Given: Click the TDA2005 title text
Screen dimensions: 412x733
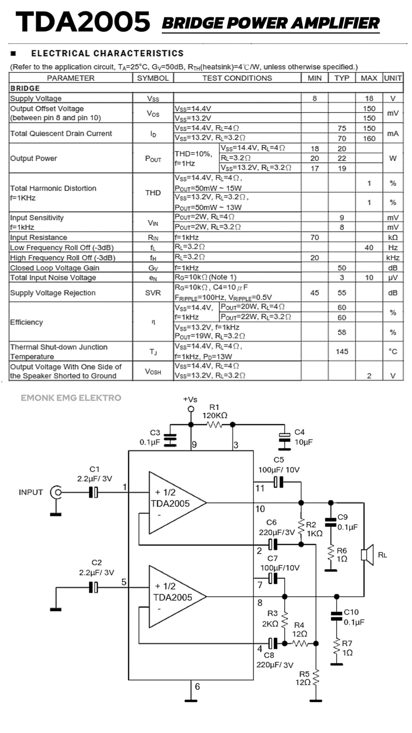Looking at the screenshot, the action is point(83,21).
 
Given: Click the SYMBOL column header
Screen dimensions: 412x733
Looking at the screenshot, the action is point(153,78).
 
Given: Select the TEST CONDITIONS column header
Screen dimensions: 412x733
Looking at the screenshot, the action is point(237,78).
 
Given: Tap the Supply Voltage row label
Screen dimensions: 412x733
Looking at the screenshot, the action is point(36,98).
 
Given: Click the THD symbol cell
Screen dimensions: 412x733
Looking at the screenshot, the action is point(153,193).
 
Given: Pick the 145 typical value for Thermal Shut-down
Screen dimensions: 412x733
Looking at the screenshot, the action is point(342,351).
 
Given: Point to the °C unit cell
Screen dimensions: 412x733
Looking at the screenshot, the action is point(393,351).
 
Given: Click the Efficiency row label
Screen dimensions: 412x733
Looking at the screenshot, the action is point(26,322).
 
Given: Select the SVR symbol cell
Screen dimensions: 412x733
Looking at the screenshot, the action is point(153,293).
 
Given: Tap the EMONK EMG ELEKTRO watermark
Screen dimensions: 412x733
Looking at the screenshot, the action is point(71,398).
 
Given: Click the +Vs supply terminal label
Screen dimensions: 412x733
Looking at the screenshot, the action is point(190,399).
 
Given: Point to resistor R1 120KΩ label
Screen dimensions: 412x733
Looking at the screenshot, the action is point(215,411).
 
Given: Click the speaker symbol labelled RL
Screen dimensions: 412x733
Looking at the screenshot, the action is point(367,555).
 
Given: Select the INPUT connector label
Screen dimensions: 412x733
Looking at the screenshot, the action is point(31,492).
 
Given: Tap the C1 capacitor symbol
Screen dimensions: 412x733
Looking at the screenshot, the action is point(93,492).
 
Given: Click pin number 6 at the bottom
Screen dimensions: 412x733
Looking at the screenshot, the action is point(197,686).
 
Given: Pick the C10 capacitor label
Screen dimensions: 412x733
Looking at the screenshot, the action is point(351,612).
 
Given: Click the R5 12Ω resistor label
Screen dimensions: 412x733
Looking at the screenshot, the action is point(304,678).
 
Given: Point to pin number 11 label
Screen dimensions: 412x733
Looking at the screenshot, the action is point(260,488).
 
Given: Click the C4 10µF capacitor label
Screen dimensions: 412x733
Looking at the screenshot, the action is point(303,437).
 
